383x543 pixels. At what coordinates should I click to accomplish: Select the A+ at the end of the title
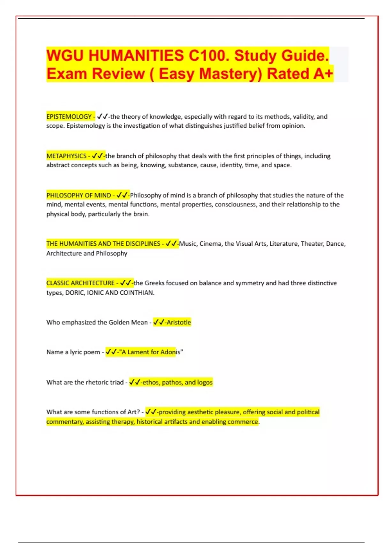tap(323, 74)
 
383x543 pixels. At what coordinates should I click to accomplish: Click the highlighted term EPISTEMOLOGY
tap(69, 117)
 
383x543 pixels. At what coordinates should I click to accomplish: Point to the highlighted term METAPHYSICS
tap(66, 156)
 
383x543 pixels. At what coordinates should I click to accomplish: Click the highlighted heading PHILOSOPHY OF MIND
tap(79, 195)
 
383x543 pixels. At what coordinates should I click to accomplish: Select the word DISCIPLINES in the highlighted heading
tap(143, 244)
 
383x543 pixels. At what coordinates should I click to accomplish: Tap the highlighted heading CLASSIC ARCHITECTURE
tap(80, 283)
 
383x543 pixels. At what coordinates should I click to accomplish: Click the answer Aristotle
tap(179, 322)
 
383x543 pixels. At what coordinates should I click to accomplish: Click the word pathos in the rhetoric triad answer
tap(172, 382)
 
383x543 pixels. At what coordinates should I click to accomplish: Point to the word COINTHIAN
tap(137, 293)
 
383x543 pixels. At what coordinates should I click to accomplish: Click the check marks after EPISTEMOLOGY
tap(102, 117)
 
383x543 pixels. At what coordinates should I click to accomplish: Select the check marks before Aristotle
tap(159, 322)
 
